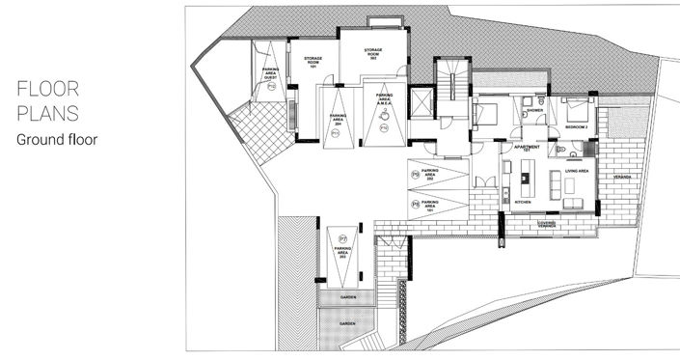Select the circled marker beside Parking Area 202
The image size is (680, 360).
tap(416, 175)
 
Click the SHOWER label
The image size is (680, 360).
tap(533, 110)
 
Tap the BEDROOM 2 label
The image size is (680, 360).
tap(576, 127)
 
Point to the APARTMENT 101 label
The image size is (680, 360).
tap(527, 149)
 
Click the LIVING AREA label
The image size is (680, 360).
tap(562, 171)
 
